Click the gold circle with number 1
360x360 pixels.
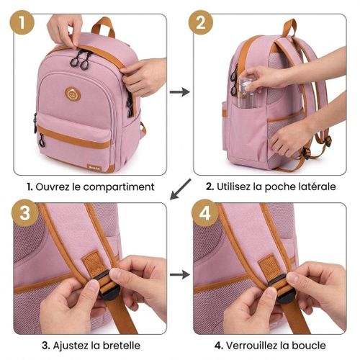click(22, 22)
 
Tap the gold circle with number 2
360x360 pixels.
click(201, 22)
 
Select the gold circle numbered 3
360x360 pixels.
click(25, 213)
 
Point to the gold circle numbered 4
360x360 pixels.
click(204, 213)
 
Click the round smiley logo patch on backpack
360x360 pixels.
click(73, 94)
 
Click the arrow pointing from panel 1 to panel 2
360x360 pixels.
click(180, 91)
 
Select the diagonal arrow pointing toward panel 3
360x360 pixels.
click(180, 189)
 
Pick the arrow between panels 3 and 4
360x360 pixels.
click(180, 274)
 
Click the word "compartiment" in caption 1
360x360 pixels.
click(119, 187)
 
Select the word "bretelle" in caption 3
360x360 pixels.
click(122, 345)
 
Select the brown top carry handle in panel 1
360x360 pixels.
click(103, 26)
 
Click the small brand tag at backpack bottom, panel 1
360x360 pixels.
click(94, 168)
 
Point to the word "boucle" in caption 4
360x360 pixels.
click(309, 345)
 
